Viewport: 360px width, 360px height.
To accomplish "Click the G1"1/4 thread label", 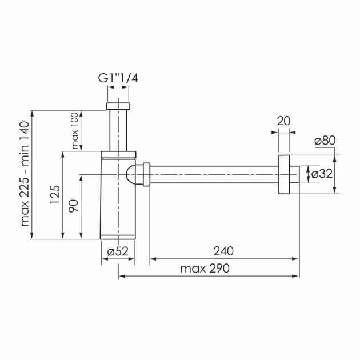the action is pyautogui.click(x=118, y=78).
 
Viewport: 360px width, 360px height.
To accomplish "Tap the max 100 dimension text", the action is pyautogui.click(x=75, y=131).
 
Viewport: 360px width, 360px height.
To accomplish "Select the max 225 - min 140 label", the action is pyautogui.click(x=25, y=174).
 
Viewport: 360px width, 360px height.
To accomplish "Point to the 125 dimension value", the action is pyautogui.click(x=55, y=194).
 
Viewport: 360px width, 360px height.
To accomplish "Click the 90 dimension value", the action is pyautogui.click(x=74, y=206).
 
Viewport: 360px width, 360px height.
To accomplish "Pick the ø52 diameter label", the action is pyautogui.click(x=118, y=251).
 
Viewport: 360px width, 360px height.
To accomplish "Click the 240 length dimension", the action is pyautogui.click(x=223, y=251).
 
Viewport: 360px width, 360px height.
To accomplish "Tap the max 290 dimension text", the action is pyautogui.click(x=205, y=269).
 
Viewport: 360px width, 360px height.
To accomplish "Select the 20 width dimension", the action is pyautogui.click(x=283, y=121).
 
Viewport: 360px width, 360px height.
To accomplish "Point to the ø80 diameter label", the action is pyautogui.click(x=325, y=140).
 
